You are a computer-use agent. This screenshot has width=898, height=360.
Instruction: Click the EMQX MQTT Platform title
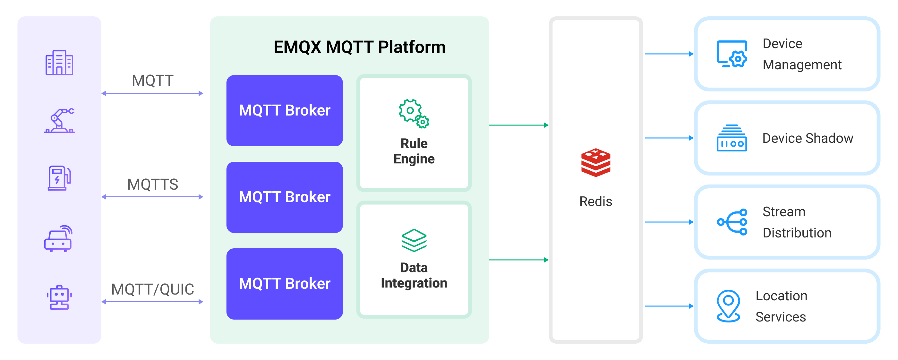(x=359, y=47)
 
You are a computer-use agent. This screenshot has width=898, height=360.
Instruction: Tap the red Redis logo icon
(x=595, y=163)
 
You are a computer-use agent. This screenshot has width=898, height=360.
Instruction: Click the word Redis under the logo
(x=595, y=201)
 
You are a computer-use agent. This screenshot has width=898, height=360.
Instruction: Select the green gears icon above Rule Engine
(x=414, y=114)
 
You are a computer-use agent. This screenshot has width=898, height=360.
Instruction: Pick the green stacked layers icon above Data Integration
(x=414, y=240)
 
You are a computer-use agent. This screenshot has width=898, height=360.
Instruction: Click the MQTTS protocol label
(x=153, y=184)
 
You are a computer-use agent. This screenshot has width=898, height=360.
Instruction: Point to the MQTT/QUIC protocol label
(x=153, y=289)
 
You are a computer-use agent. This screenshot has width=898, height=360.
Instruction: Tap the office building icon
(x=59, y=63)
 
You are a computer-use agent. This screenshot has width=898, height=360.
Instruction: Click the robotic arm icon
(x=59, y=121)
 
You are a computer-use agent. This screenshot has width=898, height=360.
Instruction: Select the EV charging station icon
(x=59, y=178)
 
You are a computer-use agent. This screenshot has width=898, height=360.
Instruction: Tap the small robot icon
(x=59, y=298)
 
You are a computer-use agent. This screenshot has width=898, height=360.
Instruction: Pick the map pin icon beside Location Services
(x=728, y=306)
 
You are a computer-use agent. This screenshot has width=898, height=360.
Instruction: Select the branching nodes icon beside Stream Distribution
(x=732, y=222)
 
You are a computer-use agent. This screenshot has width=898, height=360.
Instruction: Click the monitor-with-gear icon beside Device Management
(x=732, y=54)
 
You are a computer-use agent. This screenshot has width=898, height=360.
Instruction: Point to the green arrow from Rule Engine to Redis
(x=518, y=125)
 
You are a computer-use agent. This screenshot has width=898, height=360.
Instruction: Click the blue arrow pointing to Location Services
(x=669, y=306)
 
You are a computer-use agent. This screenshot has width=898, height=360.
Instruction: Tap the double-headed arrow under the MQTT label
(x=152, y=93)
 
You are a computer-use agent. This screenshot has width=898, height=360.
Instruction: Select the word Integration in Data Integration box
(x=414, y=283)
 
